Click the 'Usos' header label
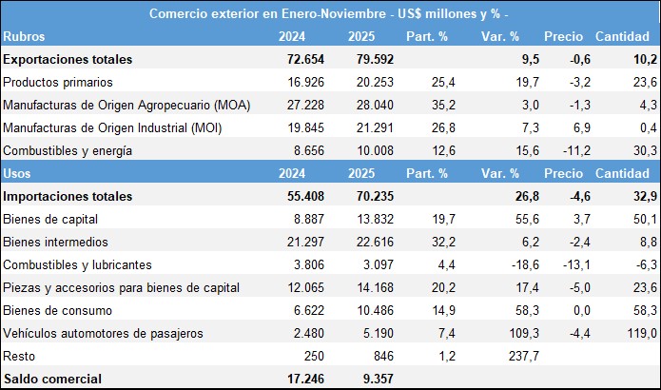[20, 173]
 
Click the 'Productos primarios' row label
[59, 82]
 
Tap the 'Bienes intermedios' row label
[56, 242]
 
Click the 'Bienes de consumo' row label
[58, 310]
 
